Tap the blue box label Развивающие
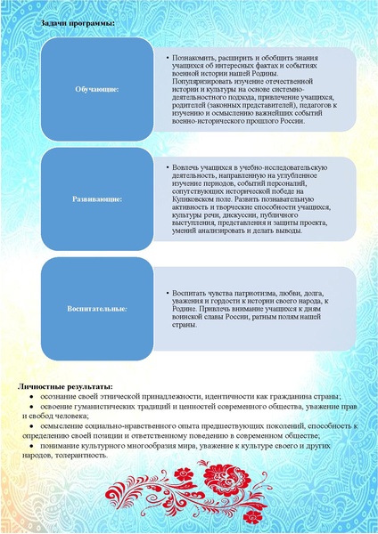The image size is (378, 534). pyautogui.click(x=97, y=198)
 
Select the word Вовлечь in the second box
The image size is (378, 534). pyautogui.click(x=187, y=167)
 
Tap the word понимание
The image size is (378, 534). pyautogui.click(x=59, y=446)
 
